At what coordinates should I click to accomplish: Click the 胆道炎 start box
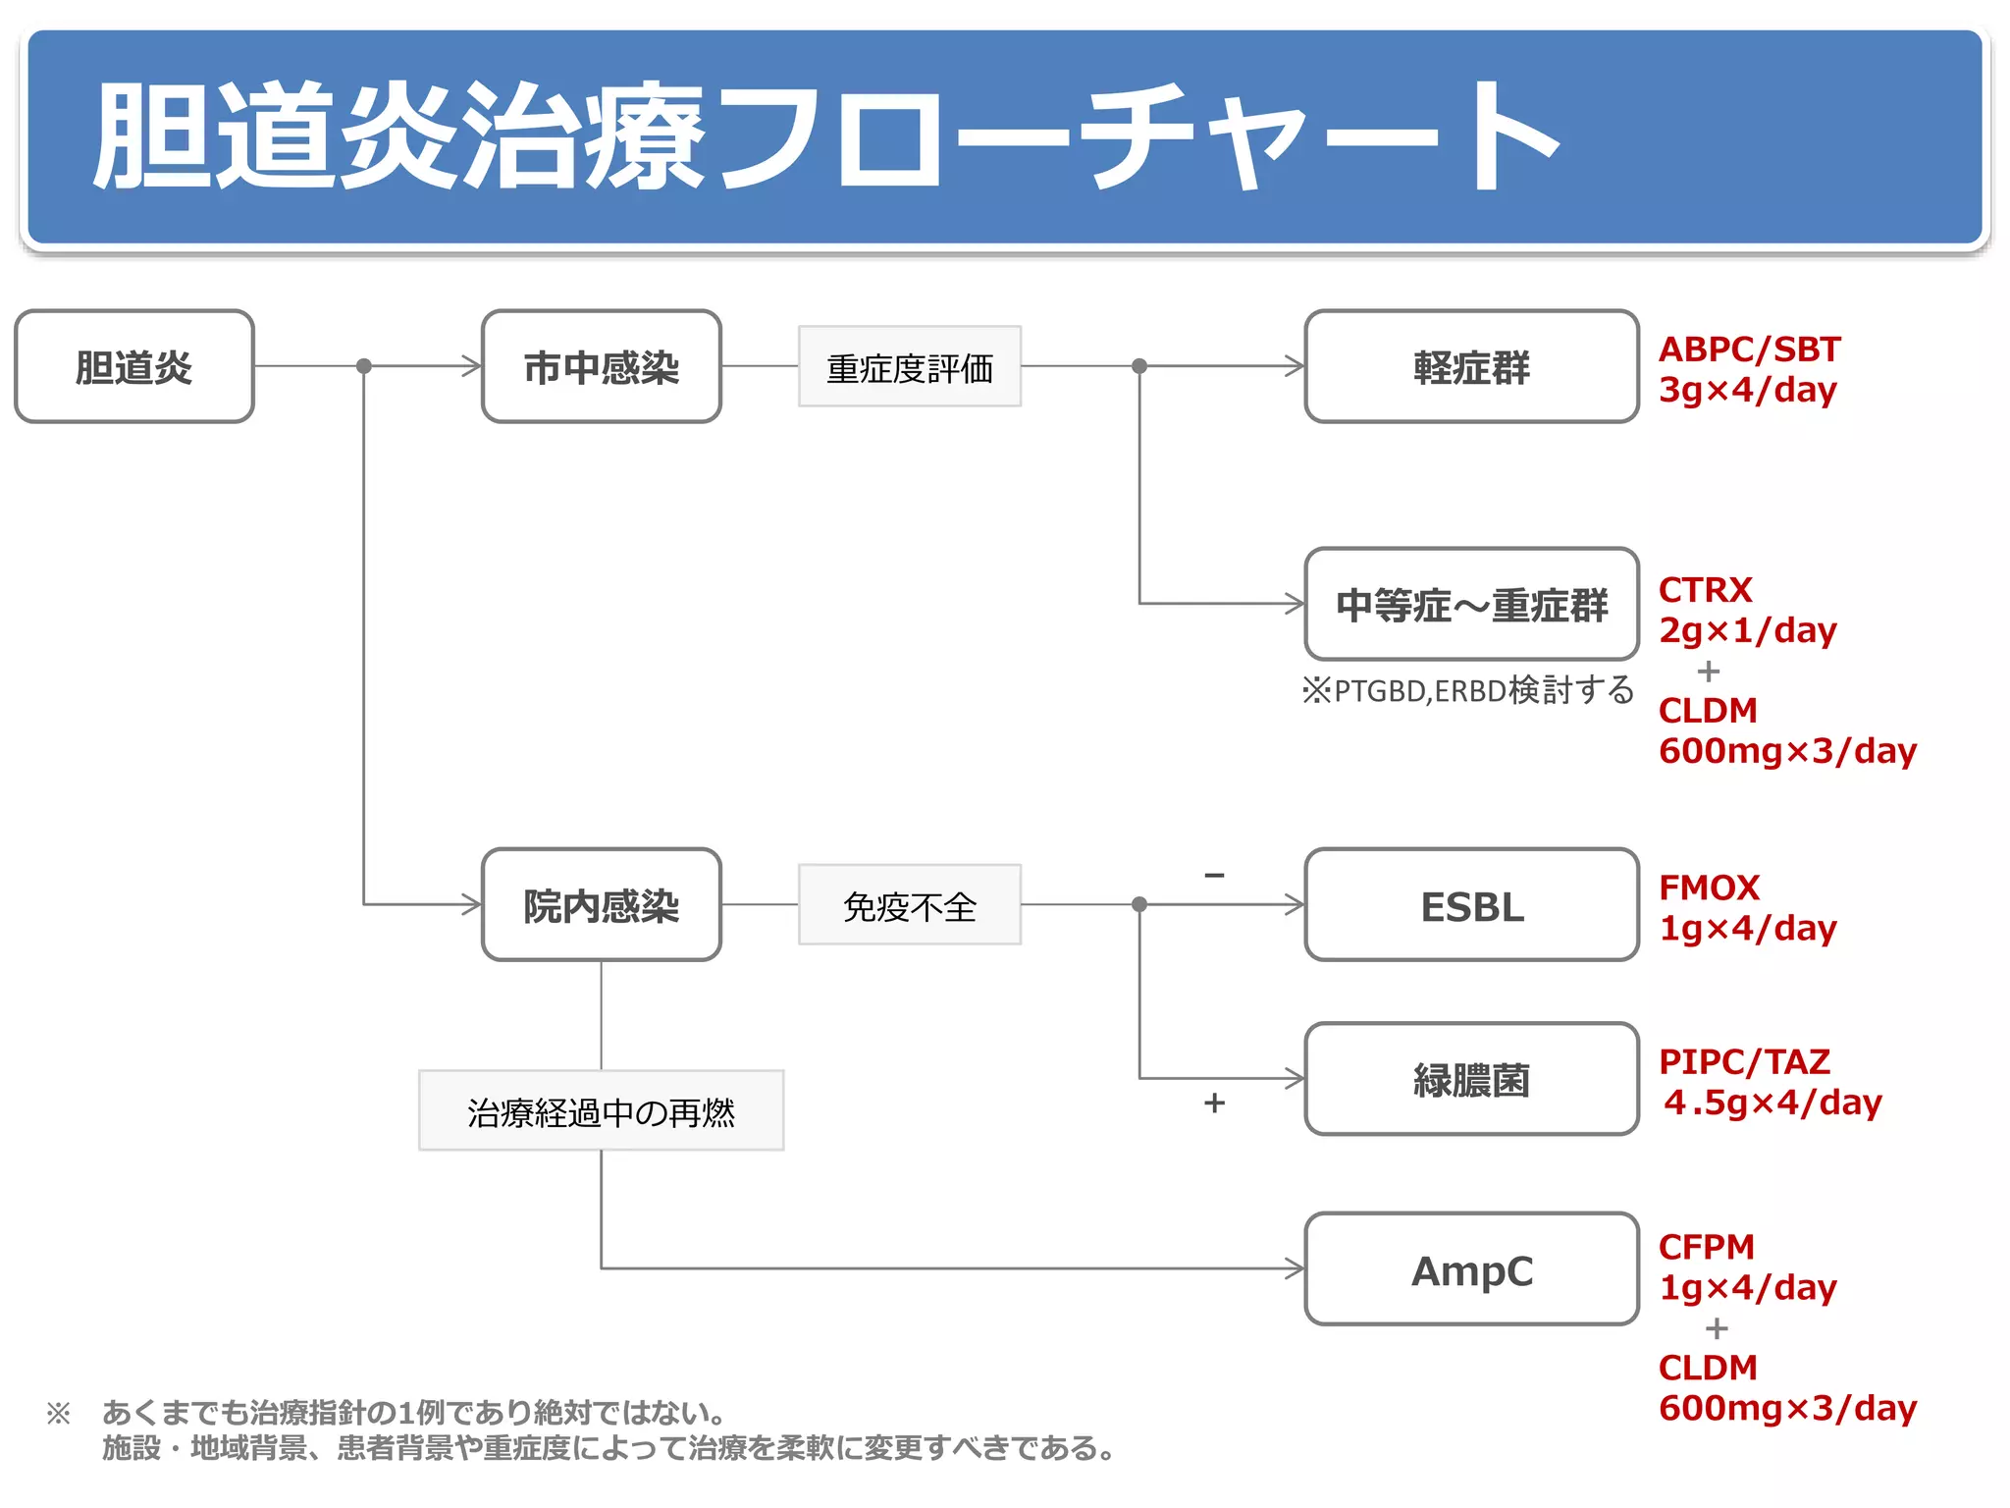click(134, 367)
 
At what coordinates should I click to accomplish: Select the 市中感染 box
click(601, 367)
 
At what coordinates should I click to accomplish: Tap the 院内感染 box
click(601, 905)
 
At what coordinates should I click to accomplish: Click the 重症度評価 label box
click(909, 367)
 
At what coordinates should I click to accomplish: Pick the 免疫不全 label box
click(909, 905)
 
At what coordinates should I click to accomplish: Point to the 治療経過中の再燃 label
click(601, 1111)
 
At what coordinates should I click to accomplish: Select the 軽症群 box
click(1470, 367)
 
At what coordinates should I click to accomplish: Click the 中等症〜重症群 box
click(1470, 605)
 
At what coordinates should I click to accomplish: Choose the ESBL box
click(1470, 905)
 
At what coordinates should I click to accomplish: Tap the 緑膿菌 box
click(1470, 1080)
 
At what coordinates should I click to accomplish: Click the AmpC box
click(1470, 1270)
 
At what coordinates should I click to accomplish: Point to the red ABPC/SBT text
click(1749, 350)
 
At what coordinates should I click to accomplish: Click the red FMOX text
click(1709, 888)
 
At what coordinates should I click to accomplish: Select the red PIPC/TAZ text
click(1744, 1062)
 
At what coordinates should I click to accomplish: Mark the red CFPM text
click(1706, 1247)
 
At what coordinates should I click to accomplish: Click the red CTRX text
click(1705, 590)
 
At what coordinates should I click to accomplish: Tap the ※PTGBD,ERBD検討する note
click(1467, 690)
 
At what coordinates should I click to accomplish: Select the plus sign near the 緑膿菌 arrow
click(1214, 1104)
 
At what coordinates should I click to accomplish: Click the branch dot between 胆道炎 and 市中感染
click(364, 366)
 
